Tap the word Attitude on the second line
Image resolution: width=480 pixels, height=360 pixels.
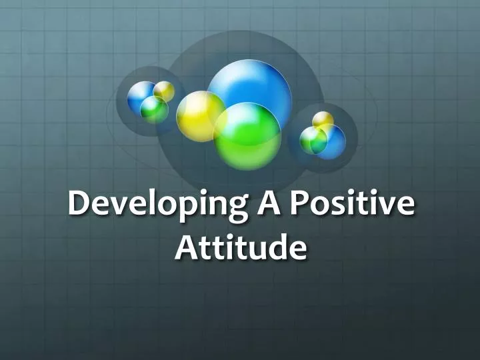coord(241,247)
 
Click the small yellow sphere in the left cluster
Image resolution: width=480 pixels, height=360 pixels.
coord(164,90)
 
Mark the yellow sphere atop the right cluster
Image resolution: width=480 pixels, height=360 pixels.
coord(323,120)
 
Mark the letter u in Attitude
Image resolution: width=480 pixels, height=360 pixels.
coord(255,249)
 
